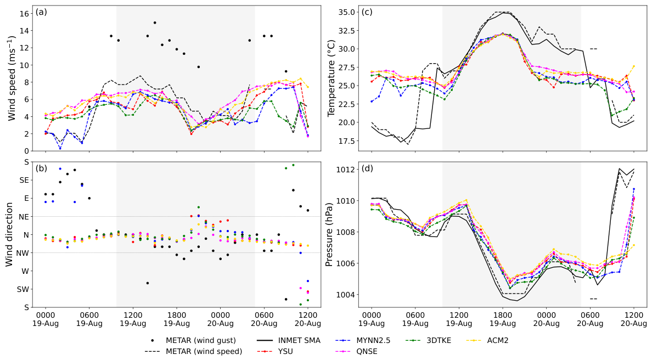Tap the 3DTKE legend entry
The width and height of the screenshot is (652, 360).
[428, 340]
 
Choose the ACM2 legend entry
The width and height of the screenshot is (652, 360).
[486, 340]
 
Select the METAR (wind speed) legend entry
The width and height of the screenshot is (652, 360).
[193, 352]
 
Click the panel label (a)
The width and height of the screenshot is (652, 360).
[41, 12]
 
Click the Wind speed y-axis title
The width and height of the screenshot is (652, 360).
[12, 78]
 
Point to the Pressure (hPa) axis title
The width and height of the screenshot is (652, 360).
[329, 234]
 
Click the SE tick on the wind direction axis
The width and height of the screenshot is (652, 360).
[24, 181]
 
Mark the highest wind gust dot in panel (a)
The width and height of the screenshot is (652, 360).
[155, 22]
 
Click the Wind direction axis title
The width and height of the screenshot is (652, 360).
[9, 234]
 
